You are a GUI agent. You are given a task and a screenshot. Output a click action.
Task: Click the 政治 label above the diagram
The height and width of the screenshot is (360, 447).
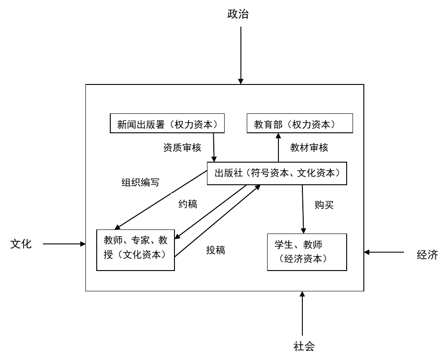click(238, 14)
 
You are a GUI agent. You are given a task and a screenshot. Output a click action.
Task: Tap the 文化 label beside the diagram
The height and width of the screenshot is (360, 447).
click(21, 244)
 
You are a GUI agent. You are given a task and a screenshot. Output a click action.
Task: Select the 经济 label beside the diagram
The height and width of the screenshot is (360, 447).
click(427, 254)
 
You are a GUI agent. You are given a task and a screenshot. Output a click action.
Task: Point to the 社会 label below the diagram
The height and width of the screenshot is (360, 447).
click(303, 346)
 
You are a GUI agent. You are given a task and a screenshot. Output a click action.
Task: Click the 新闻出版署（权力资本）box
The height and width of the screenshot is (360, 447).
click(167, 124)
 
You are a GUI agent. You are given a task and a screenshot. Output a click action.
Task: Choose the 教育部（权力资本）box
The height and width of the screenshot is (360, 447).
click(300, 124)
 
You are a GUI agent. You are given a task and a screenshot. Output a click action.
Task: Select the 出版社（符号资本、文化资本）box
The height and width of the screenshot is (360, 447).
click(277, 173)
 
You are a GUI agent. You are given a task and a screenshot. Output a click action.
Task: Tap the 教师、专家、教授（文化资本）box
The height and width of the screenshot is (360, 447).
click(136, 250)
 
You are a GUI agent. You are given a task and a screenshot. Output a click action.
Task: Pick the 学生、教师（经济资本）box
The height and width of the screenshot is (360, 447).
click(307, 252)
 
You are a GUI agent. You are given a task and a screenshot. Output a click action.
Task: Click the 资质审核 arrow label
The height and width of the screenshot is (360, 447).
click(182, 147)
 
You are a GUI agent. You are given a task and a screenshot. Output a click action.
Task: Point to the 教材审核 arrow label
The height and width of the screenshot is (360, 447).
click(309, 147)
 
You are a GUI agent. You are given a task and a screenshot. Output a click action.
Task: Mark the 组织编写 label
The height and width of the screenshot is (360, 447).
click(140, 182)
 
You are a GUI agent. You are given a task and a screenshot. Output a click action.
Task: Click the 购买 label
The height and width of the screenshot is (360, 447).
click(324, 205)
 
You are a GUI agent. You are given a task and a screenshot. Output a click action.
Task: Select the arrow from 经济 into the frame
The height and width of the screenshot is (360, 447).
click(385, 252)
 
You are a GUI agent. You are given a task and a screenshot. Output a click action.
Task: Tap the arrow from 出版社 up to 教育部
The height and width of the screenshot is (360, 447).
click(278, 147)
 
